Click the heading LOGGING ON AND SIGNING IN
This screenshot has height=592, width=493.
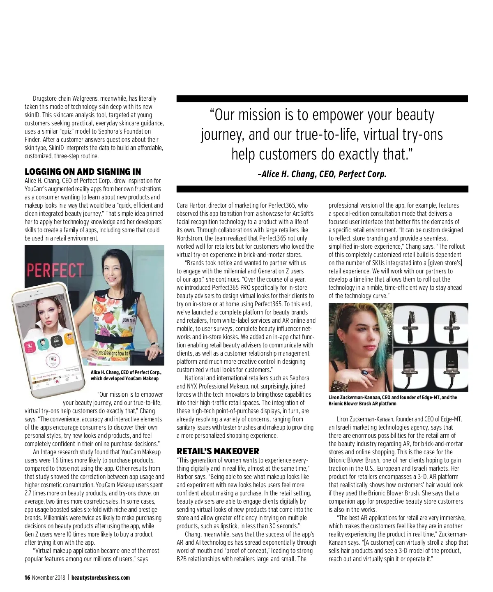(83, 172)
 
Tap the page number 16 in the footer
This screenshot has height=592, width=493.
(27, 578)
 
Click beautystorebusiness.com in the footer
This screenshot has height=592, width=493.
(101, 578)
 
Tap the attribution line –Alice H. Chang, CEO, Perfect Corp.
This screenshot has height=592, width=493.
(322, 174)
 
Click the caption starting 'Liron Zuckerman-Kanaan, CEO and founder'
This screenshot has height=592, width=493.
(393, 400)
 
